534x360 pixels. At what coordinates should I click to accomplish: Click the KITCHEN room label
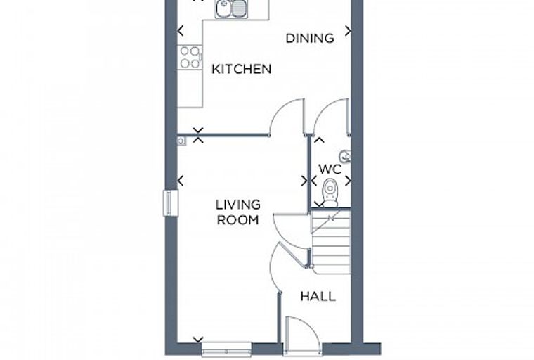click(242, 69)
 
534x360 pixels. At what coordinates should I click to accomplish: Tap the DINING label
click(310, 38)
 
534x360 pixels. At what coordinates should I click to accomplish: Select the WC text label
click(330, 169)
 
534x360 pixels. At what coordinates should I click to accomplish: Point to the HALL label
click(318, 296)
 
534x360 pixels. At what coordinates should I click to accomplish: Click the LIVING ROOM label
click(238, 212)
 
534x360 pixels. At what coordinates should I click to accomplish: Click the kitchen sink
click(231, 9)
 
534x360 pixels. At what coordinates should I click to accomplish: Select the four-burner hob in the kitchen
click(190, 57)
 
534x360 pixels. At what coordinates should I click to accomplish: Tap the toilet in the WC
click(330, 193)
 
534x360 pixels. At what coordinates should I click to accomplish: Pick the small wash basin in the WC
click(345, 156)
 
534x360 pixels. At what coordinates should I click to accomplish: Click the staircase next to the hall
click(331, 241)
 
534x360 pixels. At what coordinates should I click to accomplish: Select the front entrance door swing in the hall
click(303, 334)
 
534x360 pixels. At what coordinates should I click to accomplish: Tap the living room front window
click(226, 349)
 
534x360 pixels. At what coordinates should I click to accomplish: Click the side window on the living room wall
click(171, 203)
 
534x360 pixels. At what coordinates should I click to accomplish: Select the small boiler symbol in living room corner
click(181, 141)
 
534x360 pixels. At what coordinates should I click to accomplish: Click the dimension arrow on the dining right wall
click(347, 31)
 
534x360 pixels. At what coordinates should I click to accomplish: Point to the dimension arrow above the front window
click(198, 340)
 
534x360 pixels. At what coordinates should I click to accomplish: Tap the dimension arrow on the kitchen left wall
click(181, 31)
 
